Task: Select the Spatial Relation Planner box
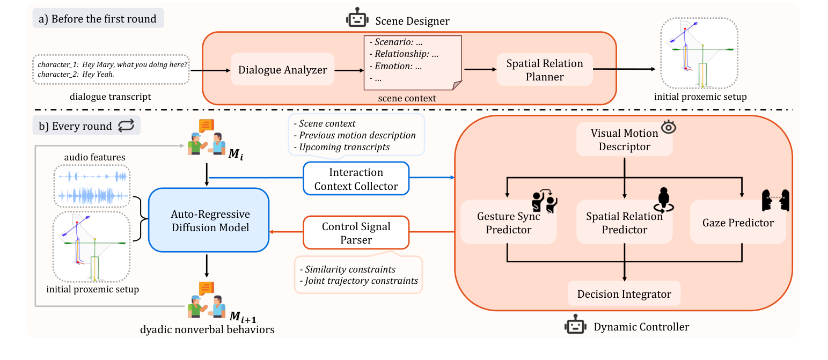[545, 70]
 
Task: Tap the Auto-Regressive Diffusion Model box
[209, 220]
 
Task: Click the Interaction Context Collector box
[356, 179]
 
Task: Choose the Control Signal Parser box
[356, 233]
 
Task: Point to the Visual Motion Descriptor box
[624, 139]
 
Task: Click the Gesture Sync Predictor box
[508, 223]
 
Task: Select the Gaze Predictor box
[738, 222]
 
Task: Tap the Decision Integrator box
[624, 294]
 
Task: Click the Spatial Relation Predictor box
[624, 223]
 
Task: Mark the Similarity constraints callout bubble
[357, 274]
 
